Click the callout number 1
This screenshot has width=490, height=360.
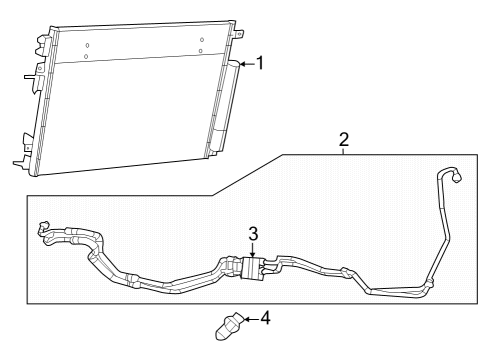pyautogui.click(x=260, y=64)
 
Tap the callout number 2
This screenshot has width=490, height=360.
pyautogui.click(x=343, y=139)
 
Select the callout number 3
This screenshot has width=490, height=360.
pyautogui.click(x=254, y=233)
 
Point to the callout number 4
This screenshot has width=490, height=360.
pyautogui.click(x=265, y=319)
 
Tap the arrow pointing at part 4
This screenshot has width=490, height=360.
pyautogui.click(x=247, y=320)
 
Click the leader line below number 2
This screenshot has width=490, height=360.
pyautogui.click(x=343, y=151)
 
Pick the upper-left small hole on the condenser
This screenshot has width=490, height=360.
pyautogui.click(x=88, y=46)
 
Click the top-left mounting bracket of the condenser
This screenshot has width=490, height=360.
pyautogui.click(x=41, y=44)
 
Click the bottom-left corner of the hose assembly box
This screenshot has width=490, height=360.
pyautogui.click(x=28, y=301)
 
